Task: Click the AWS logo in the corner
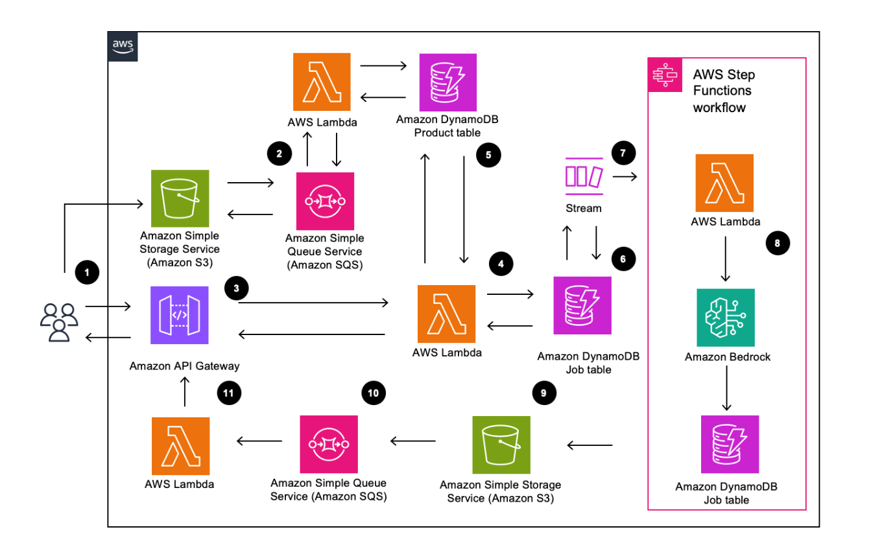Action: coord(123,47)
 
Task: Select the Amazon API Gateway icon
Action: coord(179,316)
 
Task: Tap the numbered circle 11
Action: coord(230,392)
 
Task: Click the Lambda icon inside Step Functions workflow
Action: coord(724,183)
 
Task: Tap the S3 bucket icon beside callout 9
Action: coord(501,445)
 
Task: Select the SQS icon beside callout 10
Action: coord(329,445)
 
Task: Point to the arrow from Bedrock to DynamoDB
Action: coord(726,391)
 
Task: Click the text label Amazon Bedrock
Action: coord(727,357)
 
